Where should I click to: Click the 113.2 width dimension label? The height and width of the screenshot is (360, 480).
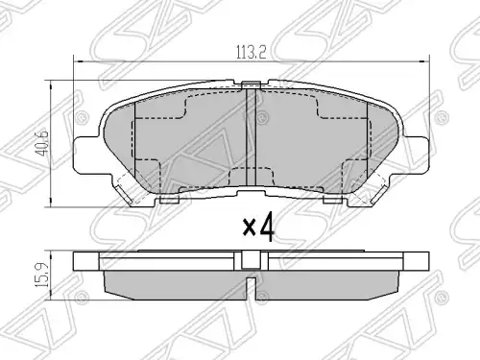[252, 52]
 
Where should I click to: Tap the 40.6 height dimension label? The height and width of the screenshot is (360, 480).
[43, 143]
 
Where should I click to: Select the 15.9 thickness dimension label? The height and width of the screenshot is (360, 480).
[42, 275]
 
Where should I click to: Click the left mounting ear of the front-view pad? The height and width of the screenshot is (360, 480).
[86, 153]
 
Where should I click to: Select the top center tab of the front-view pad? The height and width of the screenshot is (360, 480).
[251, 84]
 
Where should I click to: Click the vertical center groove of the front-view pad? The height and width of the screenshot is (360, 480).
[251, 137]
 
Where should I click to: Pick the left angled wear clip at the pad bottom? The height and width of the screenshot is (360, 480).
[123, 195]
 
